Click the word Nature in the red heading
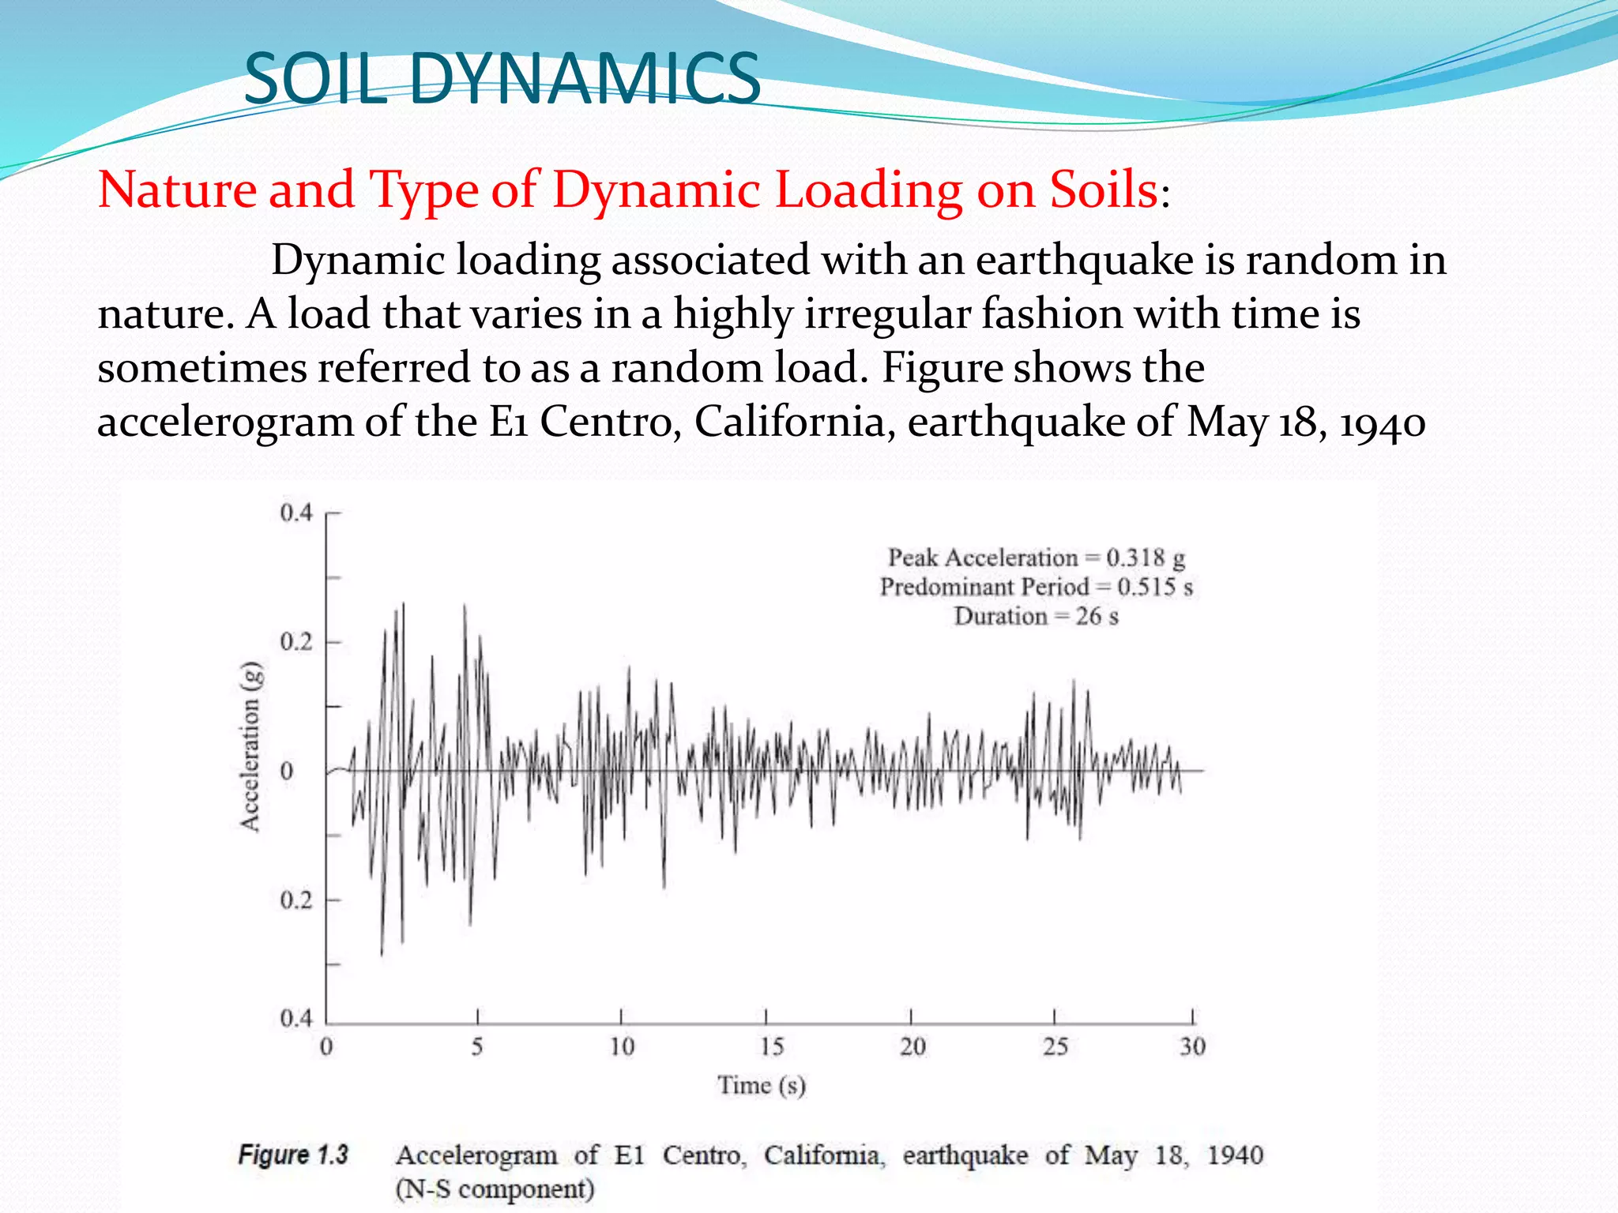(x=177, y=190)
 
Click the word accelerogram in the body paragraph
(x=224, y=422)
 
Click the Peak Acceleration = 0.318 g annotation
(x=1037, y=558)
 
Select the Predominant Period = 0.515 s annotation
(x=1037, y=587)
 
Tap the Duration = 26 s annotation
(x=1037, y=616)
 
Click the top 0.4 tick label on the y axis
(x=296, y=513)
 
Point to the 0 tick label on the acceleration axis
(x=287, y=772)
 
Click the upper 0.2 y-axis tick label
(x=296, y=642)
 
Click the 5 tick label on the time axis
(x=477, y=1047)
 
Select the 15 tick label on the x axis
(x=772, y=1047)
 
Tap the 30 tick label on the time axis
(x=1192, y=1047)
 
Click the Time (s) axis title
(x=762, y=1086)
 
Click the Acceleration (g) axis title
(x=250, y=746)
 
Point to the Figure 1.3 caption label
(x=293, y=1155)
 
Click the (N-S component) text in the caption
(x=495, y=1189)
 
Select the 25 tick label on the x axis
(x=1055, y=1047)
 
